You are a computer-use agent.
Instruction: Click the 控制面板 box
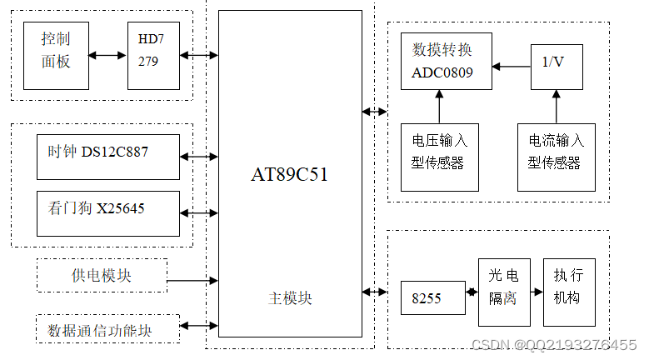tap(56, 55)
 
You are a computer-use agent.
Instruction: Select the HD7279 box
tap(153, 55)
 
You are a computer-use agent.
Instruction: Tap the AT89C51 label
tap(289, 174)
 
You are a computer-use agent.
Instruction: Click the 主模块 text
tap(290, 297)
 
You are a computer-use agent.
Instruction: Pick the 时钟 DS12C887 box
tap(107, 156)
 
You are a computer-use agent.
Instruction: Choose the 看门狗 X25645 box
tap(107, 213)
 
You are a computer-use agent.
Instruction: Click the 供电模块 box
tap(102, 275)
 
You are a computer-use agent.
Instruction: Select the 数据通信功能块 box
tap(107, 329)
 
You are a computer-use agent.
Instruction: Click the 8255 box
tap(432, 297)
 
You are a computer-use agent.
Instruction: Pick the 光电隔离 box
tap(504, 292)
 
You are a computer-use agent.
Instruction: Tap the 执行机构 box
tap(569, 292)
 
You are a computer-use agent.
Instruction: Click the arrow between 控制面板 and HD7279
tap(107, 56)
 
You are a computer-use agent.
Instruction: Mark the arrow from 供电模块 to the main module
tap(192, 281)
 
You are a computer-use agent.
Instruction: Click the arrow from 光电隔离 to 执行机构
tap(536, 292)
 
